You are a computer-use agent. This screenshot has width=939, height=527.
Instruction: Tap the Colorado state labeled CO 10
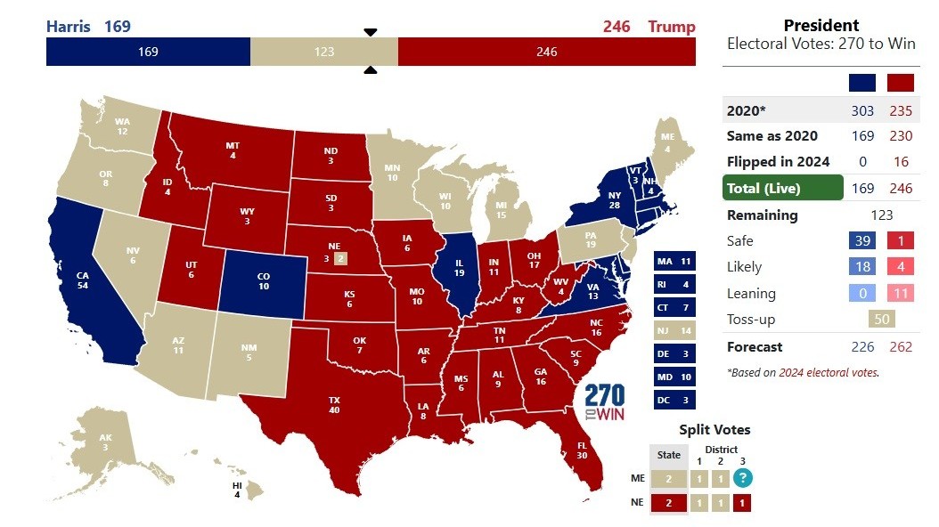click(264, 280)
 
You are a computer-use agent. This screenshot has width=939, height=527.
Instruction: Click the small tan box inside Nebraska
click(339, 259)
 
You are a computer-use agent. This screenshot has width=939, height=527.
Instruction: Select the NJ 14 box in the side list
click(674, 330)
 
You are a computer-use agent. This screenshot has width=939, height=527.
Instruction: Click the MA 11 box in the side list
click(674, 262)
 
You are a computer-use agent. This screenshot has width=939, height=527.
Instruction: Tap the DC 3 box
click(674, 400)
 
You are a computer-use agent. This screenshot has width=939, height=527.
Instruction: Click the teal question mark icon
click(742, 478)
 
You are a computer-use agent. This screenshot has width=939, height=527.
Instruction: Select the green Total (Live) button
click(782, 188)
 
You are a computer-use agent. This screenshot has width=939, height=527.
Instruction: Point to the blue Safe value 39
click(861, 240)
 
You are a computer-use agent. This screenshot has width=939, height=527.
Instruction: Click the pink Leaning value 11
click(901, 293)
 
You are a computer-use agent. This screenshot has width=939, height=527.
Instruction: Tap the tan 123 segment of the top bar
click(324, 52)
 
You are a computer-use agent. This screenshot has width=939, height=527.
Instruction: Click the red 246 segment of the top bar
click(546, 52)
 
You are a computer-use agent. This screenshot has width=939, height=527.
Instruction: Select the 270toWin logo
click(606, 403)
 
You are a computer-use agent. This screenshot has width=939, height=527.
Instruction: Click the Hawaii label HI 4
click(237, 490)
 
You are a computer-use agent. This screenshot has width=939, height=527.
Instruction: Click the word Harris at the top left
click(68, 26)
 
